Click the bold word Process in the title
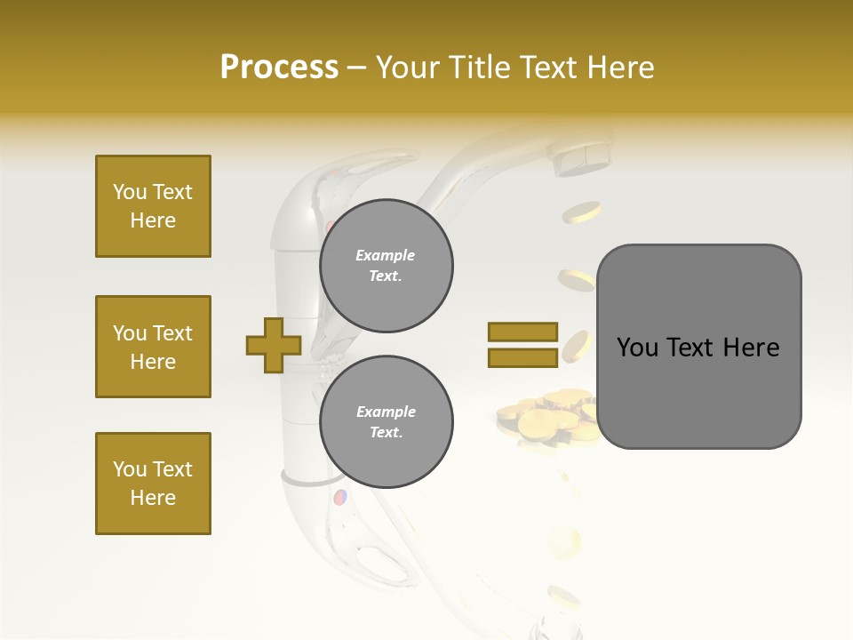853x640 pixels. point(279,67)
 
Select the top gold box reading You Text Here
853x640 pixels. point(153,206)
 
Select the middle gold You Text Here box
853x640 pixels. point(153,347)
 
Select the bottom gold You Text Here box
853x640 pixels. point(153,483)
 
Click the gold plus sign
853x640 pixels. point(274,345)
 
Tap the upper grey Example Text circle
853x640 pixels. point(387,265)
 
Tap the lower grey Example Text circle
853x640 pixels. point(387,421)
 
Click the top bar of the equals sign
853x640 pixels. point(522,332)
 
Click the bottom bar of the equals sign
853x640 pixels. point(522,357)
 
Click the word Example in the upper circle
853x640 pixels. point(385,255)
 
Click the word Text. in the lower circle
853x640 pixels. point(386,432)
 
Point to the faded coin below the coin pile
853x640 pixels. point(563,540)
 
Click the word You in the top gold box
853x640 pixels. point(129,192)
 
